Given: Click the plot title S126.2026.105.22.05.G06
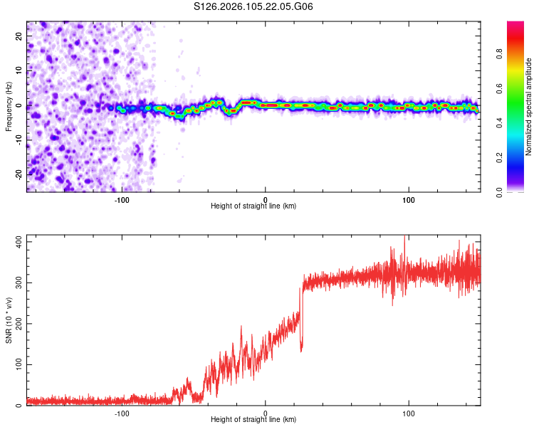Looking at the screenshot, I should coord(253,7).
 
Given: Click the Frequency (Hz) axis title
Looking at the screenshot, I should coord(9,105).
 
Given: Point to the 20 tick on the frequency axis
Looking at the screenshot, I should coord(19,36).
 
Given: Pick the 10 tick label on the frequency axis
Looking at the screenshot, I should coord(19,71).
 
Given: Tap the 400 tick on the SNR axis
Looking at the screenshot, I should coord(17,242).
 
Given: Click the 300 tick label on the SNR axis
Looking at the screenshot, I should coord(17,283).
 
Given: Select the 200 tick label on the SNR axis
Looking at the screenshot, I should coord(17,324).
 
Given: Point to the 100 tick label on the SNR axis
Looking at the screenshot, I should coord(17,365).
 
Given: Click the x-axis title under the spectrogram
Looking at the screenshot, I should coord(253,206).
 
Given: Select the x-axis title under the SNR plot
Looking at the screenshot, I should coord(253,419).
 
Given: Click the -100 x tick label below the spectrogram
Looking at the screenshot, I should coord(122,200).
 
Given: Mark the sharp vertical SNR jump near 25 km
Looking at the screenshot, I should coord(301,313).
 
